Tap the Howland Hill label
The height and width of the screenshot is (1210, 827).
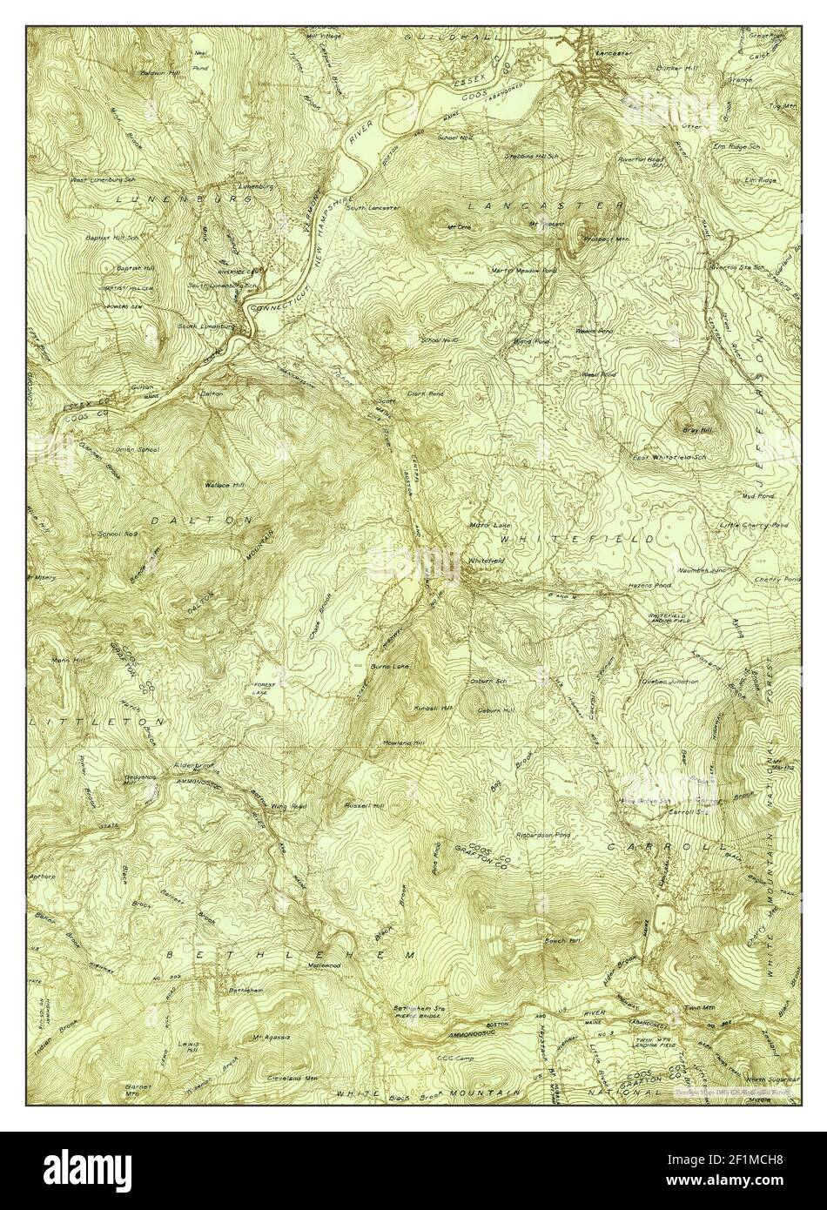pyautogui.click(x=402, y=743)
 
